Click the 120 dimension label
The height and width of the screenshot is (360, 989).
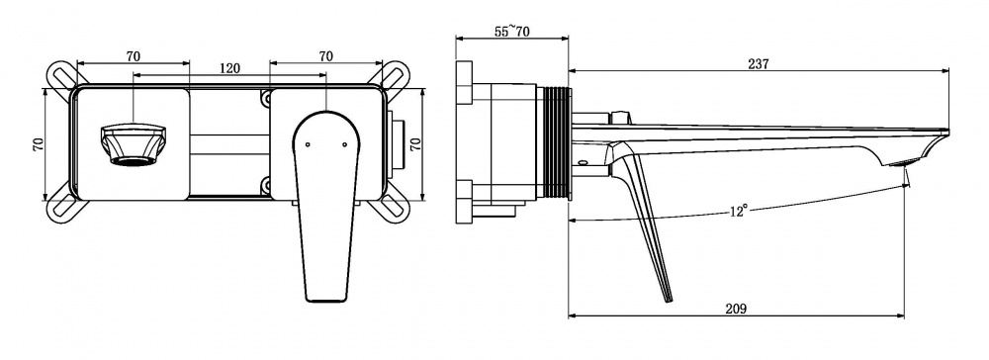[229, 68]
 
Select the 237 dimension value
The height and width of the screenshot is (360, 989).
[759, 63]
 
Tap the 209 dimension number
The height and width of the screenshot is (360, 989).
[736, 309]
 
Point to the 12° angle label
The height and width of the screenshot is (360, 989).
[739, 211]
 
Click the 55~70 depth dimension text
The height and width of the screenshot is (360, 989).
[511, 31]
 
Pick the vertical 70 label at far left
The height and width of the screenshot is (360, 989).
[39, 144]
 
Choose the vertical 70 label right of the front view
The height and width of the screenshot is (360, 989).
[415, 144]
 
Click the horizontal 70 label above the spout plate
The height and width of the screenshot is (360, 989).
[134, 56]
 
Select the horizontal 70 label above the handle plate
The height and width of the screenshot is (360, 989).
[325, 56]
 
